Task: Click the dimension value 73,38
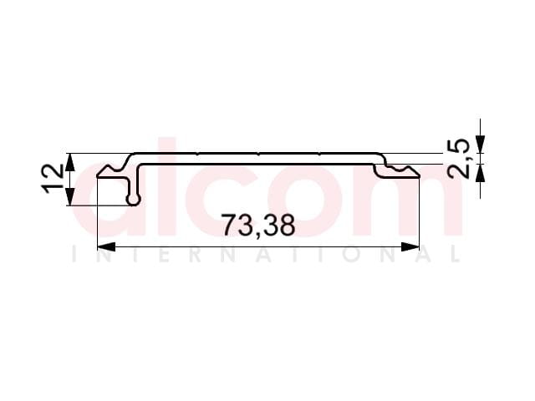[x=258, y=226]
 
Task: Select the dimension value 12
[x=52, y=179]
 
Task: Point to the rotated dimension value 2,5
[x=459, y=159]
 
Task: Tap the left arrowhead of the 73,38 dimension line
[x=106, y=246]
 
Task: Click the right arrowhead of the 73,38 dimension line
[x=410, y=246]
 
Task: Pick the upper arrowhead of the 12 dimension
[x=69, y=162]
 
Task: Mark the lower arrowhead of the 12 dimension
[x=69, y=197]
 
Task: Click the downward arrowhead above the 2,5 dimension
[x=481, y=145]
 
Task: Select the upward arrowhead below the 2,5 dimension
[x=481, y=173]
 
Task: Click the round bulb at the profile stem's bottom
[x=134, y=200]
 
